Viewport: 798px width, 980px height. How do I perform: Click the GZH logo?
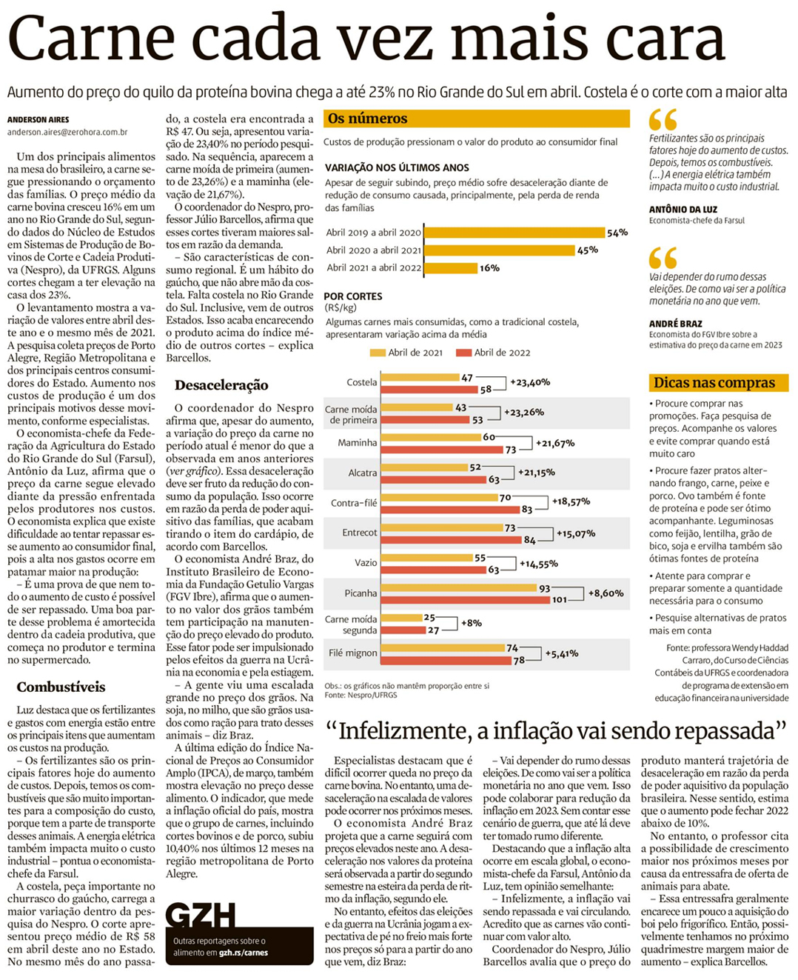coord(201,916)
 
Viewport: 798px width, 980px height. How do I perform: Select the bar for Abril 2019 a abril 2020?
coord(514,233)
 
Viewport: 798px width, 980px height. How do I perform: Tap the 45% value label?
coord(587,250)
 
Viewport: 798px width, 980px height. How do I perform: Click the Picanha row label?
coord(361,593)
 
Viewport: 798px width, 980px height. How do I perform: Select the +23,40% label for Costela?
coord(530,382)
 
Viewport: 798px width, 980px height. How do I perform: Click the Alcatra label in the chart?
coord(363,473)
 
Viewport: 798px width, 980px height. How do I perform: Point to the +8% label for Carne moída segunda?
coord(472,623)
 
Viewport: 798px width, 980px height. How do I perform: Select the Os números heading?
coord(367,119)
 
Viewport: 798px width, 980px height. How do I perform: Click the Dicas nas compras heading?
coord(714,383)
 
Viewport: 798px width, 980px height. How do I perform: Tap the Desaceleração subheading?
coord(221,385)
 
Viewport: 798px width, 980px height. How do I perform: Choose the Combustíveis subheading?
coord(61,687)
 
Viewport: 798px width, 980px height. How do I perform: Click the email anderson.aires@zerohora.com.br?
coord(67,132)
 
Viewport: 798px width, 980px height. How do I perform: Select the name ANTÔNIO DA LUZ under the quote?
coord(683,210)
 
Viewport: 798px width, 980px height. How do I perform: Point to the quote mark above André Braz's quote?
coord(663,258)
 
